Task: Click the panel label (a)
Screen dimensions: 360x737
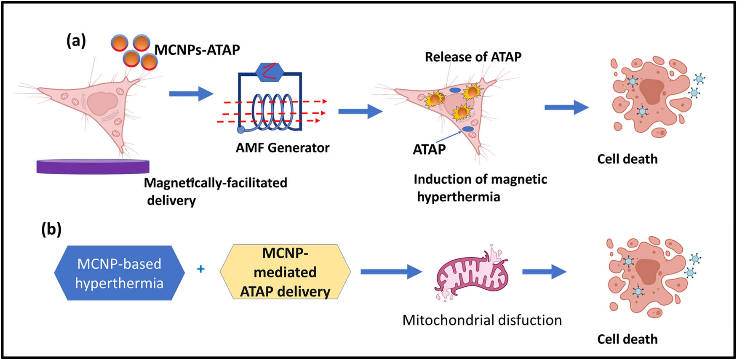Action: tap(76, 41)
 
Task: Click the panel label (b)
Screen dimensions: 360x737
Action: tap(51, 229)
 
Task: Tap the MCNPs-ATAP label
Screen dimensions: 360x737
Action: tap(197, 50)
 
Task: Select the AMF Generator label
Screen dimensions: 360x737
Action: tap(282, 148)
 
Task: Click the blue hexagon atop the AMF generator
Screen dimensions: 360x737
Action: tap(270, 72)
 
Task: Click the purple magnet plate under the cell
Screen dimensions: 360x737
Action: tap(93, 166)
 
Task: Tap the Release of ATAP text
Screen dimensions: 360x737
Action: tap(473, 57)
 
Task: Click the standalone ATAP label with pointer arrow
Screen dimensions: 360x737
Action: tap(429, 149)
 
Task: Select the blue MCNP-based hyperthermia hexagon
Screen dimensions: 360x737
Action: tap(119, 273)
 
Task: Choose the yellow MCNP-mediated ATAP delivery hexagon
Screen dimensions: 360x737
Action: tap(285, 272)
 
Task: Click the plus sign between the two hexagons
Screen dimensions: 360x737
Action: tap(201, 269)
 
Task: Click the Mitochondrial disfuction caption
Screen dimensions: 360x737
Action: tap(482, 320)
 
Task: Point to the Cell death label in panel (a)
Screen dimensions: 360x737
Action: tap(627, 159)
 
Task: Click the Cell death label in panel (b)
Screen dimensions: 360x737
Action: tap(627, 339)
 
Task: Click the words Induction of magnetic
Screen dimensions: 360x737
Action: tap(480, 179)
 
